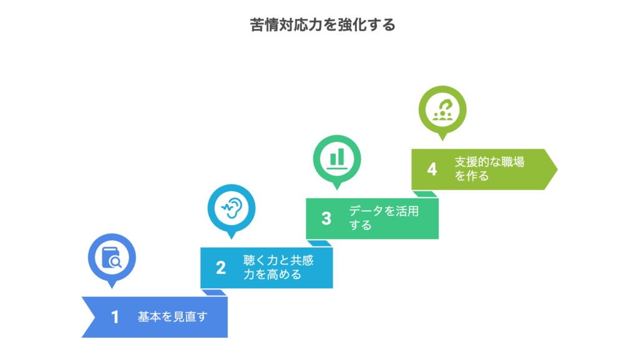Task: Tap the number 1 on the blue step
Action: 115,317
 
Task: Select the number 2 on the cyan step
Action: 220,268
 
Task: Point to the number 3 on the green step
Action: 326,218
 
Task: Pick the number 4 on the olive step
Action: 432,169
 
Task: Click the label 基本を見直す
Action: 172,317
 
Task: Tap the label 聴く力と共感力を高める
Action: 278,268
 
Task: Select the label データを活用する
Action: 384,218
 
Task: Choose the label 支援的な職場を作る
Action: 489,168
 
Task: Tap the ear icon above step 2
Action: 232,208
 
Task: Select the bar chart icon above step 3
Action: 337,158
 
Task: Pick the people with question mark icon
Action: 442,109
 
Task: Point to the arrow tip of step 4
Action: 557,169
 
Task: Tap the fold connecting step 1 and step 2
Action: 215,292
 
